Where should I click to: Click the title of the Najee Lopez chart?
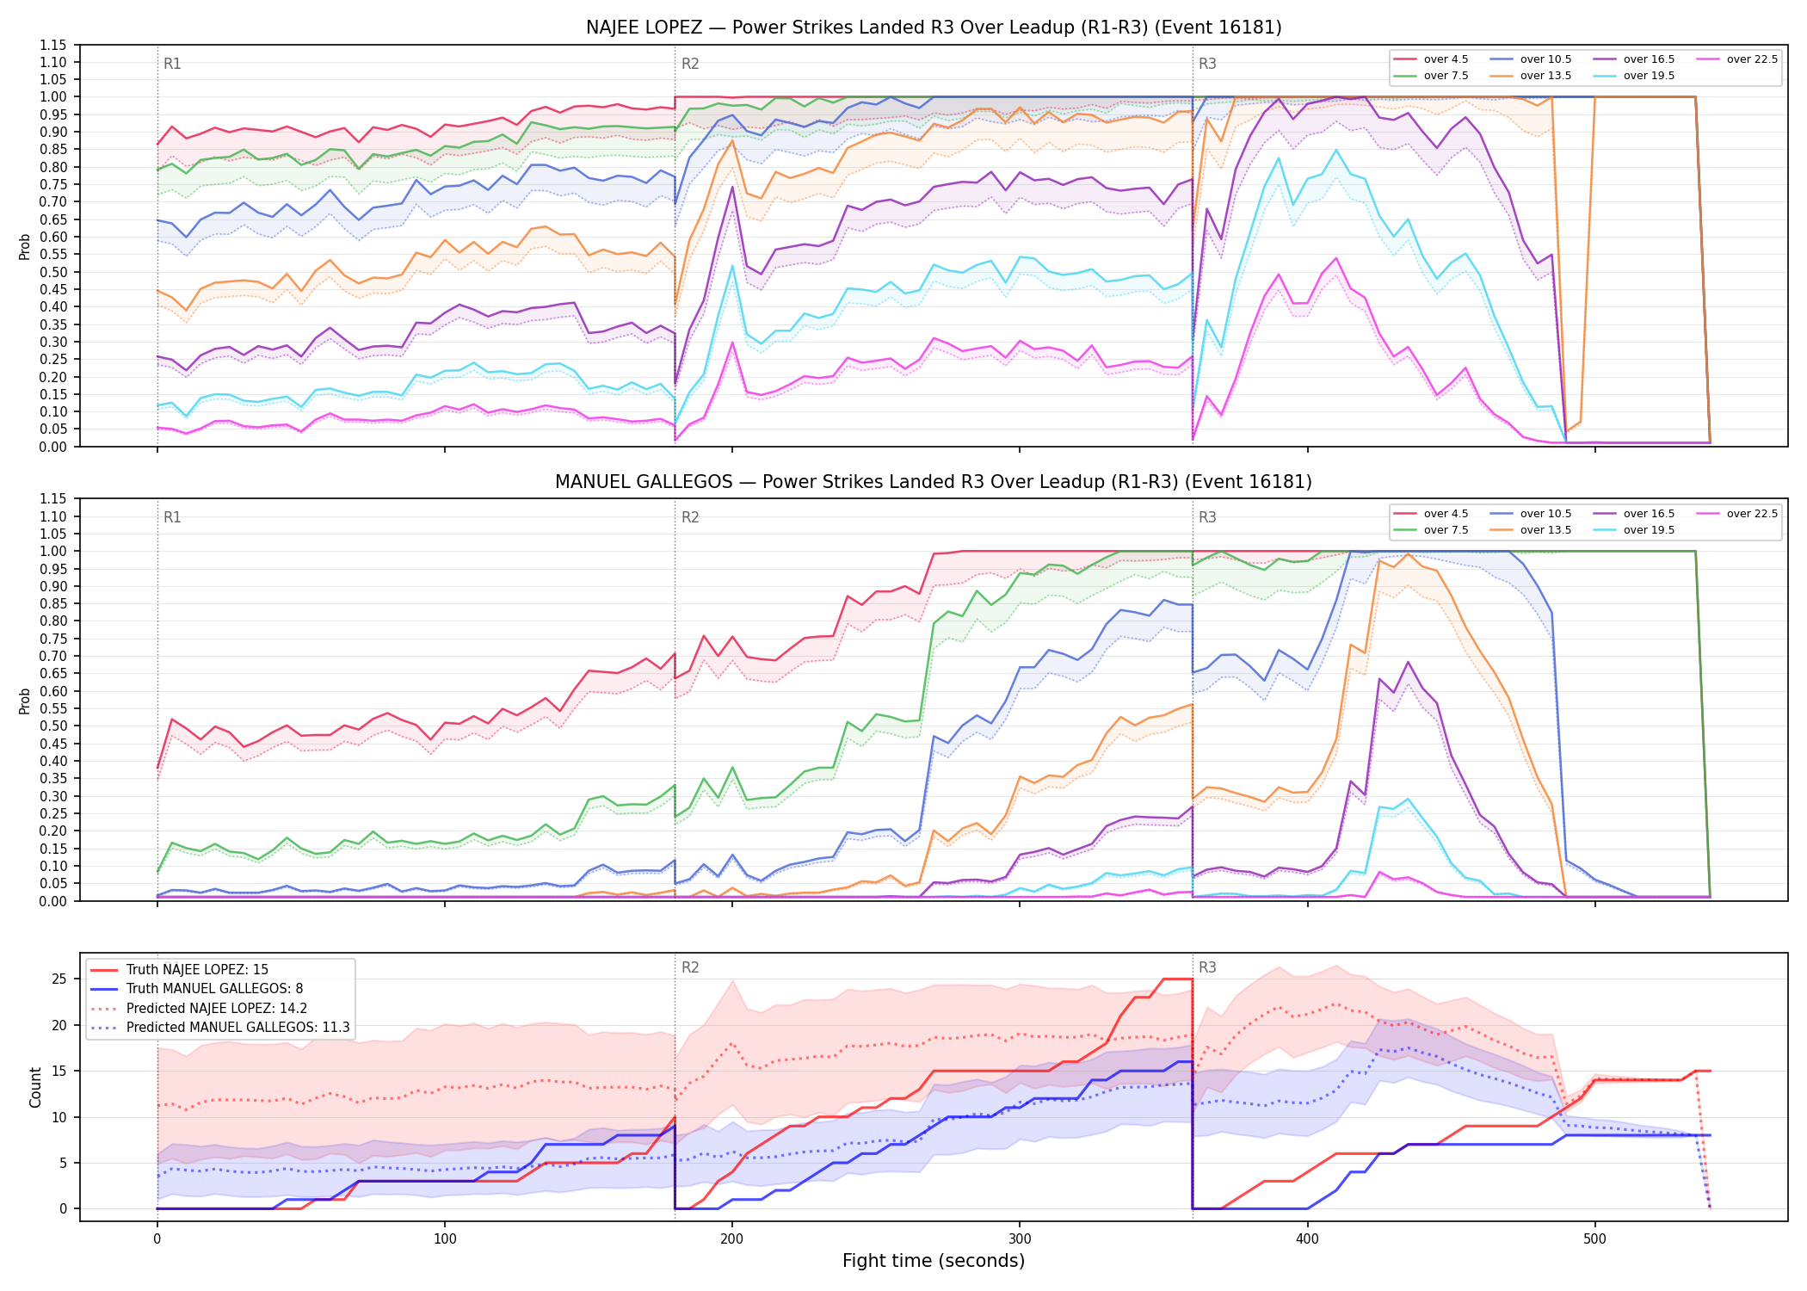pyautogui.click(x=934, y=28)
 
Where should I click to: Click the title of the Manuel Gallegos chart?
pyautogui.click(x=934, y=482)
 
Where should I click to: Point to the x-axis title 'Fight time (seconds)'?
pyautogui.click(x=934, y=1261)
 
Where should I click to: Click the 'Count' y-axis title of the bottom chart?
pyautogui.click(x=35, y=1087)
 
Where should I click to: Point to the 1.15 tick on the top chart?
pyautogui.click(x=53, y=45)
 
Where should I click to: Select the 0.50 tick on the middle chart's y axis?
pyautogui.click(x=53, y=726)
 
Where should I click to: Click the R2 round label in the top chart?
pyautogui.click(x=690, y=64)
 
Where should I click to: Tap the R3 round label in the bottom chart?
pyautogui.click(x=1207, y=967)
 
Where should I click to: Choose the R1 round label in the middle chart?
pyautogui.click(x=172, y=517)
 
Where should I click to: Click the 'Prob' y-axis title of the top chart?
pyautogui.click(x=24, y=247)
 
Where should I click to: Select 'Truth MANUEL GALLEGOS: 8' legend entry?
pyautogui.click(x=214, y=989)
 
